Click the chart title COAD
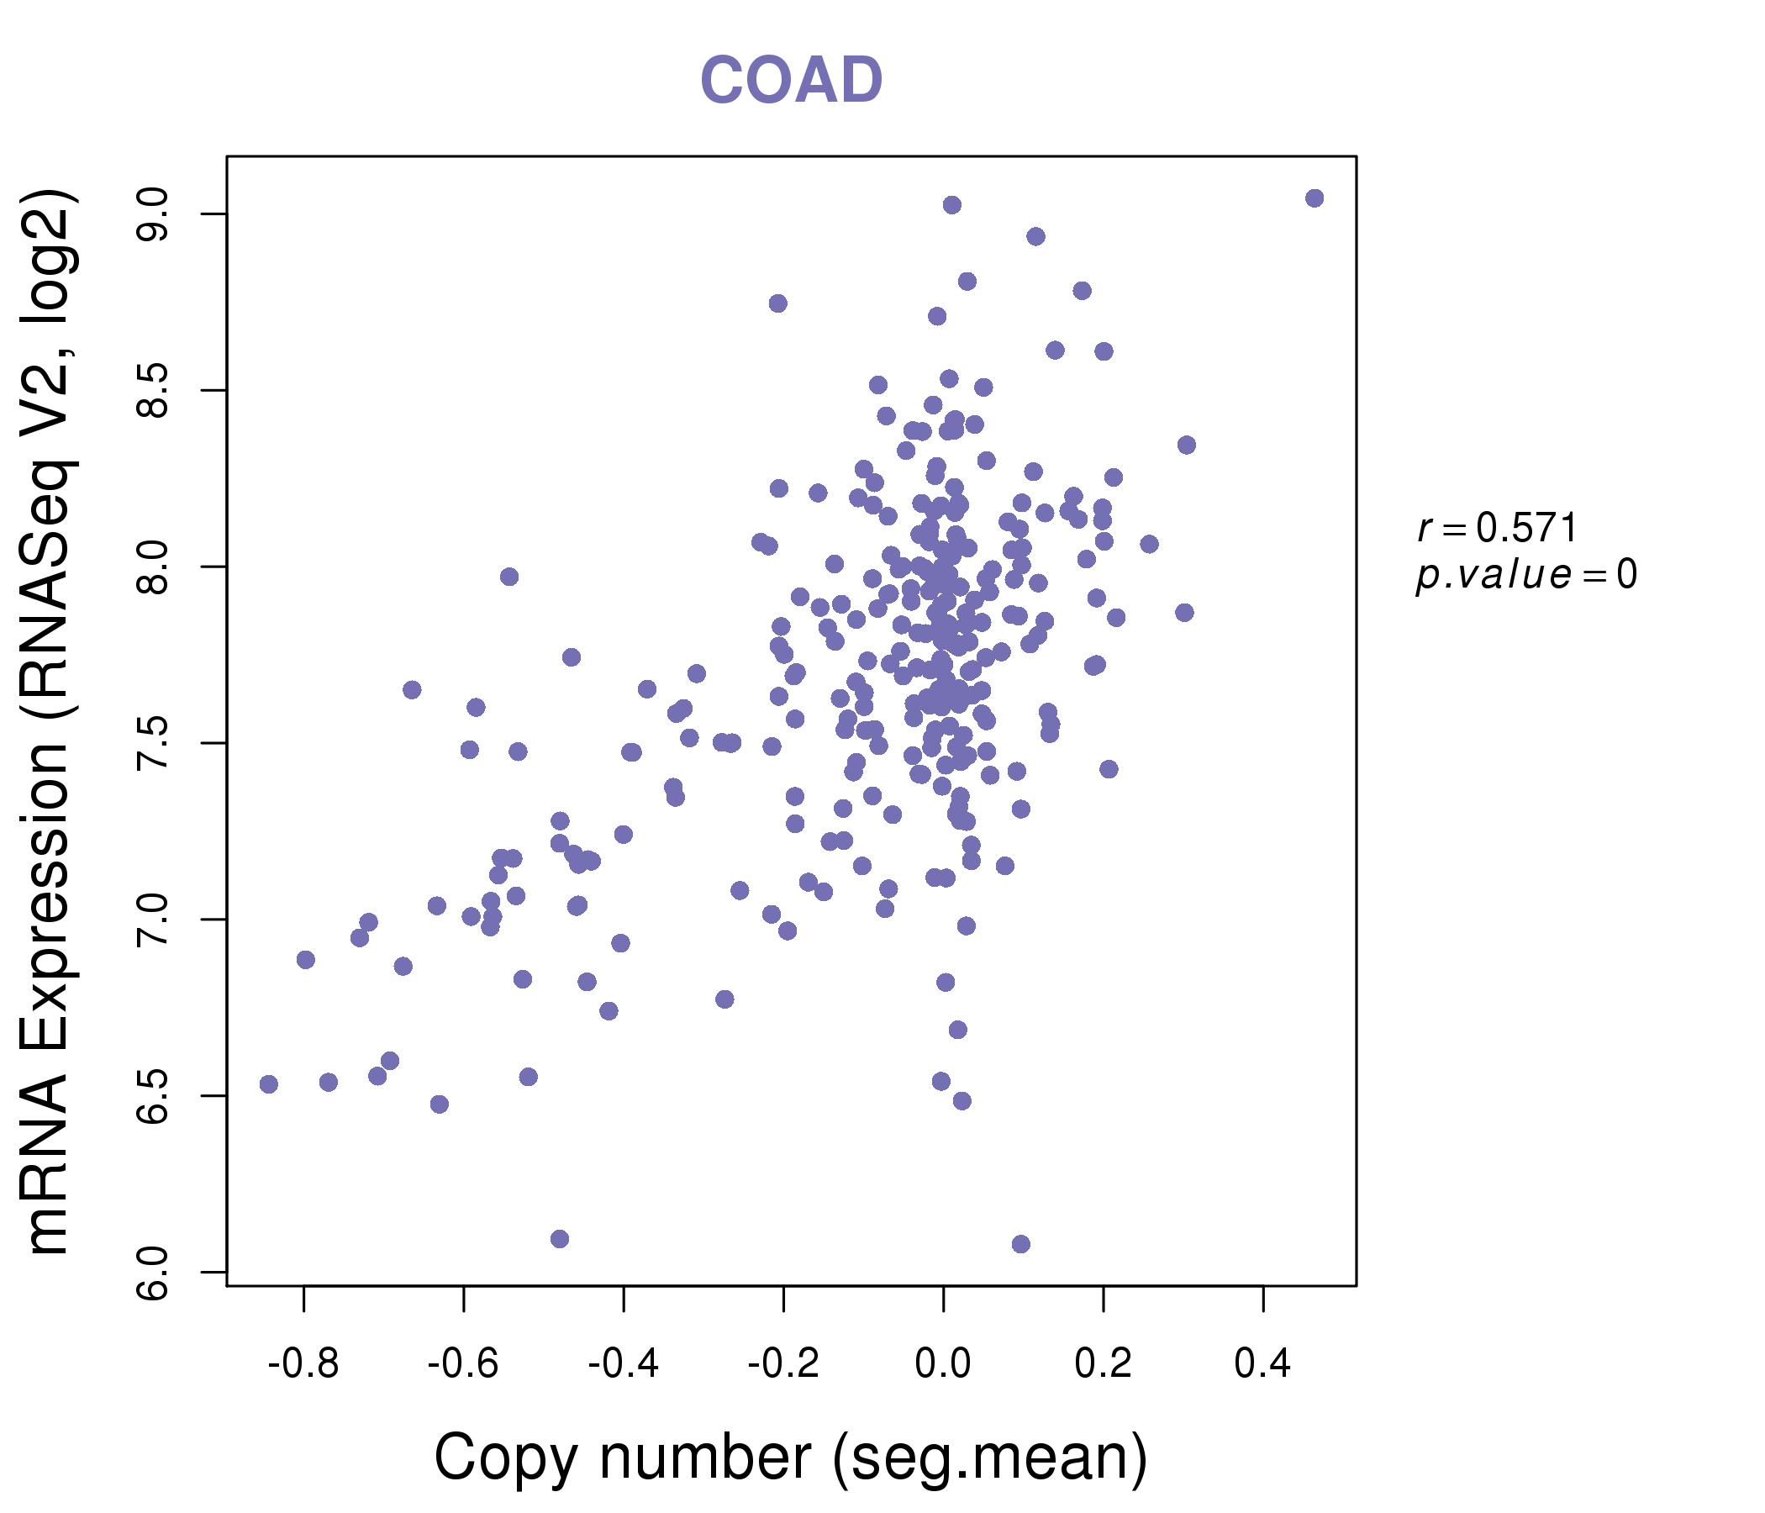[791, 80]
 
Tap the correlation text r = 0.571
[1498, 528]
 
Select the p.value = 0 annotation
[1525, 575]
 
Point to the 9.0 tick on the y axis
[154, 214]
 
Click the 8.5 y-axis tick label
[154, 391]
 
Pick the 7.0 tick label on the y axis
[154, 920]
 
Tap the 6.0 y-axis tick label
[154, 1273]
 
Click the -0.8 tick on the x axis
[303, 1364]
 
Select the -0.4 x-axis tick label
[623, 1364]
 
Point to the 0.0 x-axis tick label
[943, 1364]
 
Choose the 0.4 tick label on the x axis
[1262, 1364]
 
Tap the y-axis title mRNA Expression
[50, 721]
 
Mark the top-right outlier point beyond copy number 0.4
[1315, 198]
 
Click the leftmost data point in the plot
[269, 1084]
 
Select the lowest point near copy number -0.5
[560, 1239]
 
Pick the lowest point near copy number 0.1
[1021, 1244]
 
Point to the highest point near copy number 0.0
[952, 205]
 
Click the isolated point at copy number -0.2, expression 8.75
[777, 303]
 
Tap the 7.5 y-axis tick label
[154, 744]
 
